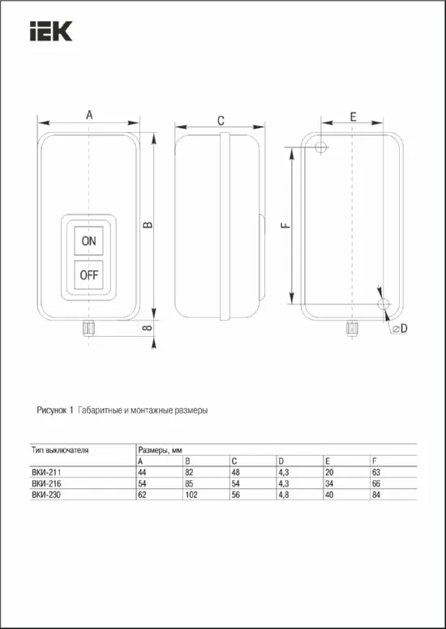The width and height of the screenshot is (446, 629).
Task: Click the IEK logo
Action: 51,32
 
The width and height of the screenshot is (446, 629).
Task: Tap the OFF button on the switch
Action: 89,274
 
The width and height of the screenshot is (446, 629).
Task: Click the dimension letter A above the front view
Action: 89,117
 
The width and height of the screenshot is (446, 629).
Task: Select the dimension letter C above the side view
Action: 221,120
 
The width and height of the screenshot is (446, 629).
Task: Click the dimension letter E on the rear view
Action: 353,117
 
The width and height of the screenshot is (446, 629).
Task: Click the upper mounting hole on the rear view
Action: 322,147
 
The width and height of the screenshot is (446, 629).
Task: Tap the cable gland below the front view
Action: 88,327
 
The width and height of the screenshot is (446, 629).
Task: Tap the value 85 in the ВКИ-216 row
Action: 188,483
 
